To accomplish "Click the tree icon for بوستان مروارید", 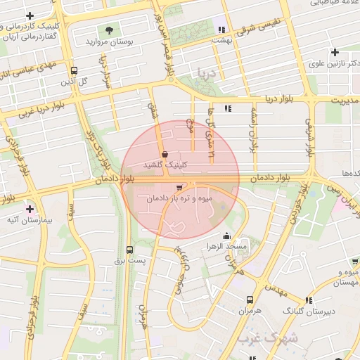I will coord(108,30).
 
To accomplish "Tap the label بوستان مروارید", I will coord(109,41).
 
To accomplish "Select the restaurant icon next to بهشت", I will coord(221,30).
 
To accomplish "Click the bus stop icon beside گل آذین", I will coord(75,70).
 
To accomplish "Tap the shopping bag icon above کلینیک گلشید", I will coord(165,154).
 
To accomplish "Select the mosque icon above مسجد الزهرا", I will coord(226,236).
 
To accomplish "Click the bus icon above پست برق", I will coord(129,250).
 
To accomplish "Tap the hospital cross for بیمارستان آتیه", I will coord(30,209).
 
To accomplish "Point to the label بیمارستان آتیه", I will coord(30,220).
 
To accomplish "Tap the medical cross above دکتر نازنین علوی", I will coord(335,52).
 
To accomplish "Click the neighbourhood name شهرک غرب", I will coord(267,338).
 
